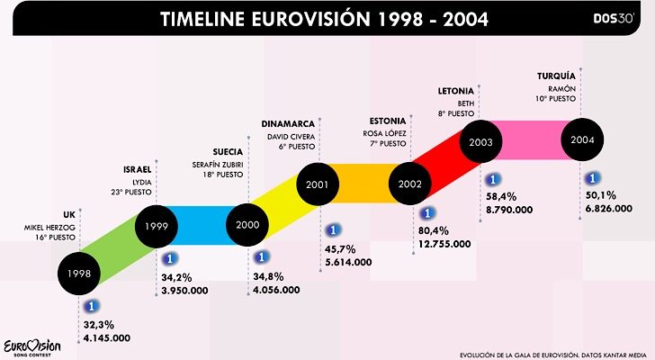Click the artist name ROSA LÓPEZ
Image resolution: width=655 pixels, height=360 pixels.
point(386,132)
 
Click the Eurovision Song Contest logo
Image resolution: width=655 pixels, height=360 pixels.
point(32,346)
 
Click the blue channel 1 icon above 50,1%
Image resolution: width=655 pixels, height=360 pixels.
point(593,177)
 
